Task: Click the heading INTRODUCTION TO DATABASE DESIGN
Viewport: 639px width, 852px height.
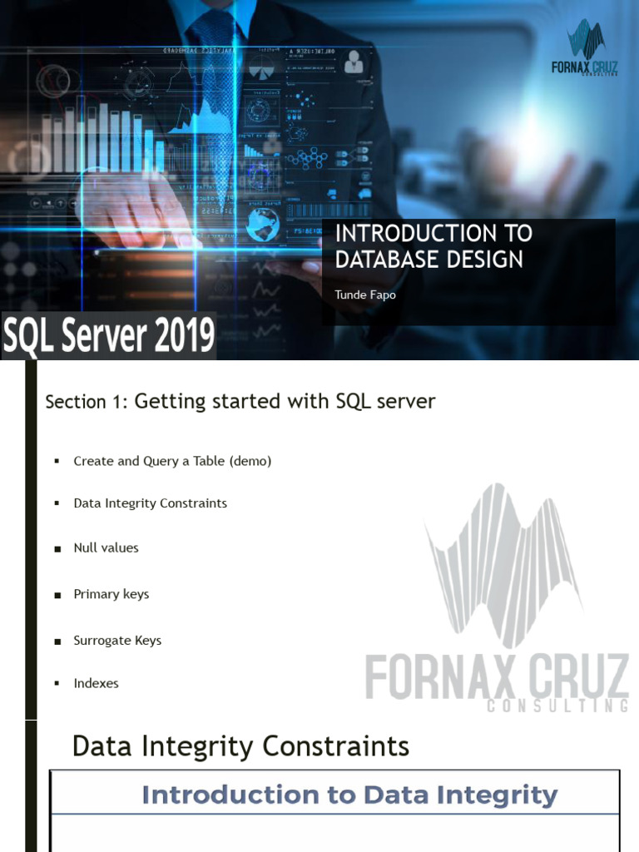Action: pos(433,246)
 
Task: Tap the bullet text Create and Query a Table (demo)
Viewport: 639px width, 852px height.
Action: pos(172,460)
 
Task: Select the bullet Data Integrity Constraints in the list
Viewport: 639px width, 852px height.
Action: pos(150,503)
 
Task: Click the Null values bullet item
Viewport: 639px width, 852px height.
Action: pos(106,547)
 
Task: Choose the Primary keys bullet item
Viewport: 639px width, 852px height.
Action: pos(111,594)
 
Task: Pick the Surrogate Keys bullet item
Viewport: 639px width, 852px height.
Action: pos(117,641)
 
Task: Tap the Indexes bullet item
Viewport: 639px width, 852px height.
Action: pos(96,683)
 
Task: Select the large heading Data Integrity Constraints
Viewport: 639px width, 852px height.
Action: pos(240,745)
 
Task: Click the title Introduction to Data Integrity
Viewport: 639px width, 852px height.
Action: pos(349,795)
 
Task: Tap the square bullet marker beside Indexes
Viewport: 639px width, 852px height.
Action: pos(57,684)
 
